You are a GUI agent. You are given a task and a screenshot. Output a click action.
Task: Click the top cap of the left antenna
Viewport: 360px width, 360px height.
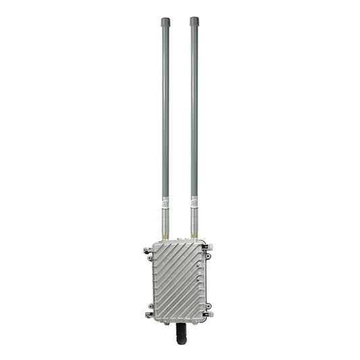pos(165,22)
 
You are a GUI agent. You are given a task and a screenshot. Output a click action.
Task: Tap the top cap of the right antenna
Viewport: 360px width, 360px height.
pos(195,22)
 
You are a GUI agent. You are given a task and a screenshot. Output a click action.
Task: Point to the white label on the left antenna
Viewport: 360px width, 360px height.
pos(165,201)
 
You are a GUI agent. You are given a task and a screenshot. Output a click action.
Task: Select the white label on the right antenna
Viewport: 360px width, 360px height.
pos(195,201)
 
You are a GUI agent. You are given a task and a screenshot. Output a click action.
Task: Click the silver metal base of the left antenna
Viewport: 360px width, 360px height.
pos(165,220)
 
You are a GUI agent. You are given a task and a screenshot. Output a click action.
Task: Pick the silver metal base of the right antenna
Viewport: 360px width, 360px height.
pos(195,220)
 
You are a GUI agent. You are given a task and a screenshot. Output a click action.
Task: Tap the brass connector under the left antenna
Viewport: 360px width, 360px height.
pos(165,236)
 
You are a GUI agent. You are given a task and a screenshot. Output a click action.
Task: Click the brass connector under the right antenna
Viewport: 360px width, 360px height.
pos(195,236)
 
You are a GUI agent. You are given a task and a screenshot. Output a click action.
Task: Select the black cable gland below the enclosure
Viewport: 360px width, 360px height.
pos(180,332)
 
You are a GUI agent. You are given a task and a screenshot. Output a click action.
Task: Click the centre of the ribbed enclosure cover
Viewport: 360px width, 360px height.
pos(178,281)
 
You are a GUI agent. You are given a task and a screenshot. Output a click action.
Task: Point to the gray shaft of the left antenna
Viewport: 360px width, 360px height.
pos(165,108)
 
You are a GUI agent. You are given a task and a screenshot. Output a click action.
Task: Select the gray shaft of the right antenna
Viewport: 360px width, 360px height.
pos(195,108)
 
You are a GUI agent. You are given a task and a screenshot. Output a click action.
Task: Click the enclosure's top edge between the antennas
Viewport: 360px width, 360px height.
pos(180,241)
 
